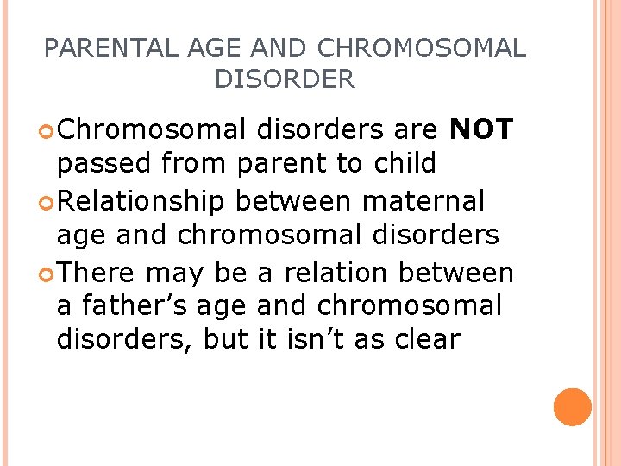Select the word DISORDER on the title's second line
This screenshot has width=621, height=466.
(x=284, y=80)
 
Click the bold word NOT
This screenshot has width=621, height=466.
(x=482, y=130)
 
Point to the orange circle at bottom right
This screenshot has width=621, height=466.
(x=573, y=406)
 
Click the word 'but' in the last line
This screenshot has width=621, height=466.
(x=224, y=339)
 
